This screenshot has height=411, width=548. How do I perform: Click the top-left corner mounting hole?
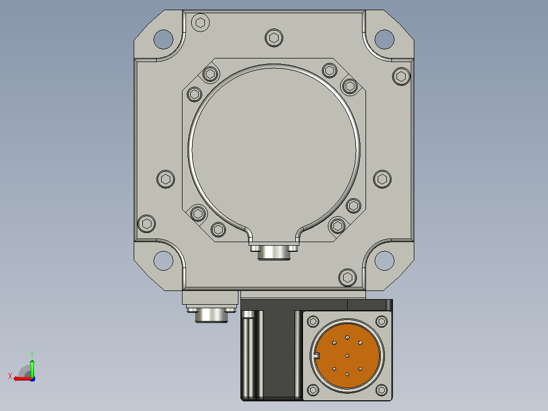point(163,39)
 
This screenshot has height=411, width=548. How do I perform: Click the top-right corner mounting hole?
point(384,39)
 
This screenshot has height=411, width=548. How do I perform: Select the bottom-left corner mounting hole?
point(163,260)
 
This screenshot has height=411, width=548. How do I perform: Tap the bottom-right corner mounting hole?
point(384,260)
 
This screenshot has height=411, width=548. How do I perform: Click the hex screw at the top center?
point(274,38)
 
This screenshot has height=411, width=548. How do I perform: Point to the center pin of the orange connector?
point(347,356)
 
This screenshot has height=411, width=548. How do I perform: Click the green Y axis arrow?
point(32,368)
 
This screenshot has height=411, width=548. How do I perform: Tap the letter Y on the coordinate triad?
point(32,354)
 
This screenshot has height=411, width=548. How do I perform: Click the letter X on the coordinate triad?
point(10,376)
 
